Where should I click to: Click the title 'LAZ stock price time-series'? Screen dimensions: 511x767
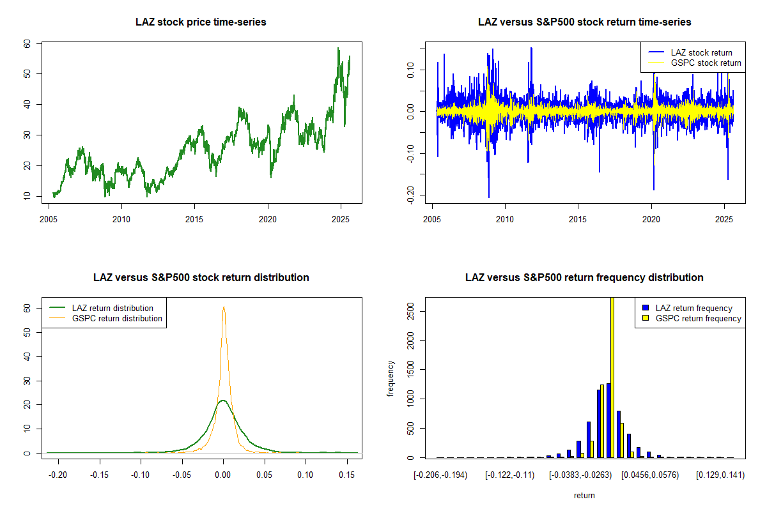click(201, 22)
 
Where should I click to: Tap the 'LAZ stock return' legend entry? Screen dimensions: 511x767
click(701, 52)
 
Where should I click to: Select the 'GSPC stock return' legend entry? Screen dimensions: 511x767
click(706, 63)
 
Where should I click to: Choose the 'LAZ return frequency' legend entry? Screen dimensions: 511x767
click(697, 308)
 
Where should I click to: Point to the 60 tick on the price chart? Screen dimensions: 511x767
click(27, 43)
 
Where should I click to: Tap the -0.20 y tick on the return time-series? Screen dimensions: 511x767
click(410, 194)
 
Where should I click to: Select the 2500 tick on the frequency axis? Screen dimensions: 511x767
click(410, 311)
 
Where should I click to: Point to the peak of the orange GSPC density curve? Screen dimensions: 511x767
click(224, 307)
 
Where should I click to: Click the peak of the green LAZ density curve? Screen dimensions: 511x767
click(222, 401)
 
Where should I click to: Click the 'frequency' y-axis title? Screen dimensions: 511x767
click(391, 379)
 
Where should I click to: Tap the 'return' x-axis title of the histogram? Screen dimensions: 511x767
click(584, 495)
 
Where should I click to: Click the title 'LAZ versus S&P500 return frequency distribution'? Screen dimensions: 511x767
click(584, 278)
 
